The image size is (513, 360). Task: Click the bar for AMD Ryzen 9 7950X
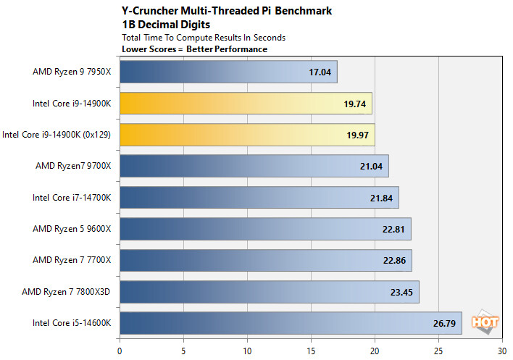pos(228,72)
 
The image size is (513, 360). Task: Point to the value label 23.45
pos(400,292)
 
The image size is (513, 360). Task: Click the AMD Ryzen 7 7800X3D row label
pos(72,292)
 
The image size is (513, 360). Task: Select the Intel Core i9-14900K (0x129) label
pos(57,135)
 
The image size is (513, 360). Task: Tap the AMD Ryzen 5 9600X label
pos(72,229)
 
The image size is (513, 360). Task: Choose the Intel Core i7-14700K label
pos(72,198)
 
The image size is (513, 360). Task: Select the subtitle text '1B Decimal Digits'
pos(159,25)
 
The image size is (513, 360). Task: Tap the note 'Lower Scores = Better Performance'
pos(195,49)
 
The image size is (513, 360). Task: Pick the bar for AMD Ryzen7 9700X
pos(254,166)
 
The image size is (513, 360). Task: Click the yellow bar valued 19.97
pos(247,135)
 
